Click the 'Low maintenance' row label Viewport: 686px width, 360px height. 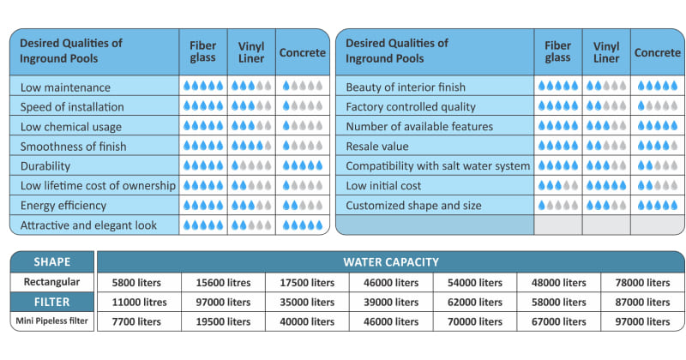(x=65, y=87)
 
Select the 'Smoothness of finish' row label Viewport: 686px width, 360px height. (x=73, y=146)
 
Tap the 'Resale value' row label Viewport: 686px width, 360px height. (x=377, y=146)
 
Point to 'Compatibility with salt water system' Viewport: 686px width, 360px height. (x=437, y=165)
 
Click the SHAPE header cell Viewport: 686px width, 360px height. (x=52, y=261)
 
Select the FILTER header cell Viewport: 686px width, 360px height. (x=52, y=302)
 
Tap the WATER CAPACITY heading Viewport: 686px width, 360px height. (x=391, y=261)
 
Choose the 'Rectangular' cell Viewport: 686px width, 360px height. (x=52, y=282)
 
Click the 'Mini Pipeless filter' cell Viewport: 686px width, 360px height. (x=52, y=321)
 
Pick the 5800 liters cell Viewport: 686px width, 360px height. (x=136, y=283)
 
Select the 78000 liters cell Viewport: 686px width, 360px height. (x=642, y=283)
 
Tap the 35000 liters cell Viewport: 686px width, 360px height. (x=307, y=302)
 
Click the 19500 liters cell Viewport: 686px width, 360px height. (x=223, y=321)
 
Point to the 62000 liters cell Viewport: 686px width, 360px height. (x=475, y=302)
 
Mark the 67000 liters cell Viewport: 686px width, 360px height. (x=559, y=321)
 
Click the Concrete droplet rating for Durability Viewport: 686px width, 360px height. (x=303, y=165)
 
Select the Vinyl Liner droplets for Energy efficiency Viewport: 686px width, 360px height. (x=251, y=205)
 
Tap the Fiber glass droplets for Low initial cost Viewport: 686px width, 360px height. (x=558, y=185)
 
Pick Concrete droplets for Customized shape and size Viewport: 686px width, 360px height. (x=658, y=205)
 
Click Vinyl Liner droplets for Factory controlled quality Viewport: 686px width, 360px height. (x=606, y=106)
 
